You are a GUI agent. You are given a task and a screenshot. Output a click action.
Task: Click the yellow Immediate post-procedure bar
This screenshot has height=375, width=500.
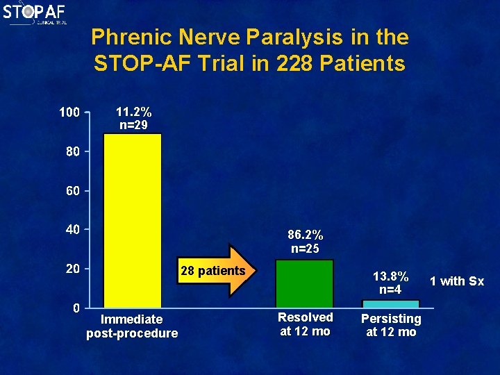pos(133,220)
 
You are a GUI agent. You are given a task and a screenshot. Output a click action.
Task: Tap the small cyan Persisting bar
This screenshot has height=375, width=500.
pos(390,303)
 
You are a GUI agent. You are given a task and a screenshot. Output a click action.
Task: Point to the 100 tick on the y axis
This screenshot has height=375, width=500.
pos(69,112)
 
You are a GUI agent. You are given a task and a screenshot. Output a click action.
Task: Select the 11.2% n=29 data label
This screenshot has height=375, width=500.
pos(133,118)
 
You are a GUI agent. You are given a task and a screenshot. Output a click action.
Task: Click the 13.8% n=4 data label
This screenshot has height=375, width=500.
pos(390,282)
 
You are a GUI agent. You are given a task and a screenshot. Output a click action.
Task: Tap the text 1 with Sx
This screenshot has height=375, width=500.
pos(456,281)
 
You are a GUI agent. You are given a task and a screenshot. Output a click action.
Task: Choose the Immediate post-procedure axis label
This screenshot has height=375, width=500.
pos(132,326)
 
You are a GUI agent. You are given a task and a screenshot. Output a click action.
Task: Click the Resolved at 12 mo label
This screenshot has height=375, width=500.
pos(305,324)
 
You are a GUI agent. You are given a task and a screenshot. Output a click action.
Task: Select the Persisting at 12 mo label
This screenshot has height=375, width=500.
pos(390,325)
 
